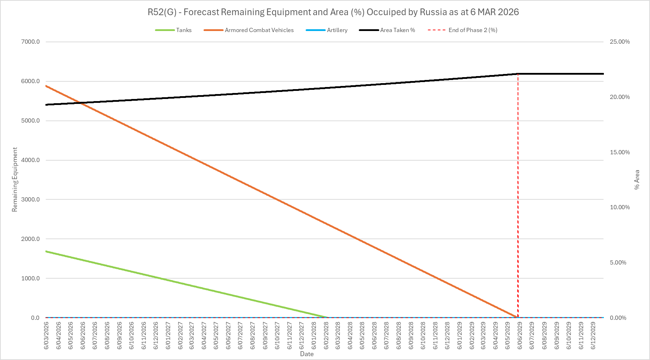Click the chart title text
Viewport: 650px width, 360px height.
pos(333,12)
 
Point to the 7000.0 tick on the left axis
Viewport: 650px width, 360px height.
pos(31,42)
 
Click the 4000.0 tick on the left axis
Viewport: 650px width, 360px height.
pos(31,160)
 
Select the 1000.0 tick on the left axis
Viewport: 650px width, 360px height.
pos(31,278)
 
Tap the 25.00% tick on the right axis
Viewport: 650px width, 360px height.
pos(620,42)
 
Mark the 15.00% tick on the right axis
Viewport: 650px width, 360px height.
pos(620,152)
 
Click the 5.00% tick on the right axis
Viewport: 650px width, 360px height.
pos(618,262)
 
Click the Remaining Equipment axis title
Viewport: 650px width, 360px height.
pos(15,180)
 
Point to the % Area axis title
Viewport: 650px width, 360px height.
pos(637,180)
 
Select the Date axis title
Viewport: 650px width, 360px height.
pos(307,354)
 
